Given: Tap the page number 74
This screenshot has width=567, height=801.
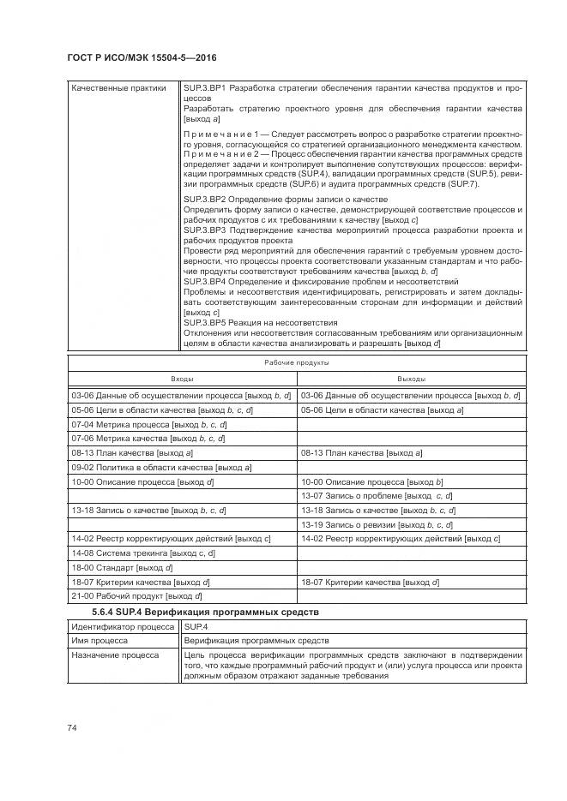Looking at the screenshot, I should [72, 727].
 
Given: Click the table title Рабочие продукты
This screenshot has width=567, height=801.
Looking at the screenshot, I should [296, 362].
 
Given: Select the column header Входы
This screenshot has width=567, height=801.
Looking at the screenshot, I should [182, 378].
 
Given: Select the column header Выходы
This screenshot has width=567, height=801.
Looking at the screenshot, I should [411, 378].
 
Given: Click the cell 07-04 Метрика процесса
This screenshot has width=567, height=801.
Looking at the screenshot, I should [149, 424].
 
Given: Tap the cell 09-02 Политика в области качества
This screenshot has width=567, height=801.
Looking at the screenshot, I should [161, 468].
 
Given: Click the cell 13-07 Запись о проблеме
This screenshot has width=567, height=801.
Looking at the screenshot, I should [377, 496].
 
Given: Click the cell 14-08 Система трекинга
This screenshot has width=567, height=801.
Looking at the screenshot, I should [143, 553].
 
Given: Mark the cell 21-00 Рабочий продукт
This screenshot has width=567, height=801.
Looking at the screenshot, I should [137, 595].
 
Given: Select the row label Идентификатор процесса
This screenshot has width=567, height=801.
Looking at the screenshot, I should [122, 627].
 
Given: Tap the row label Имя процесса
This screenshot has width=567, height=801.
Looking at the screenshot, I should [100, 640].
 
